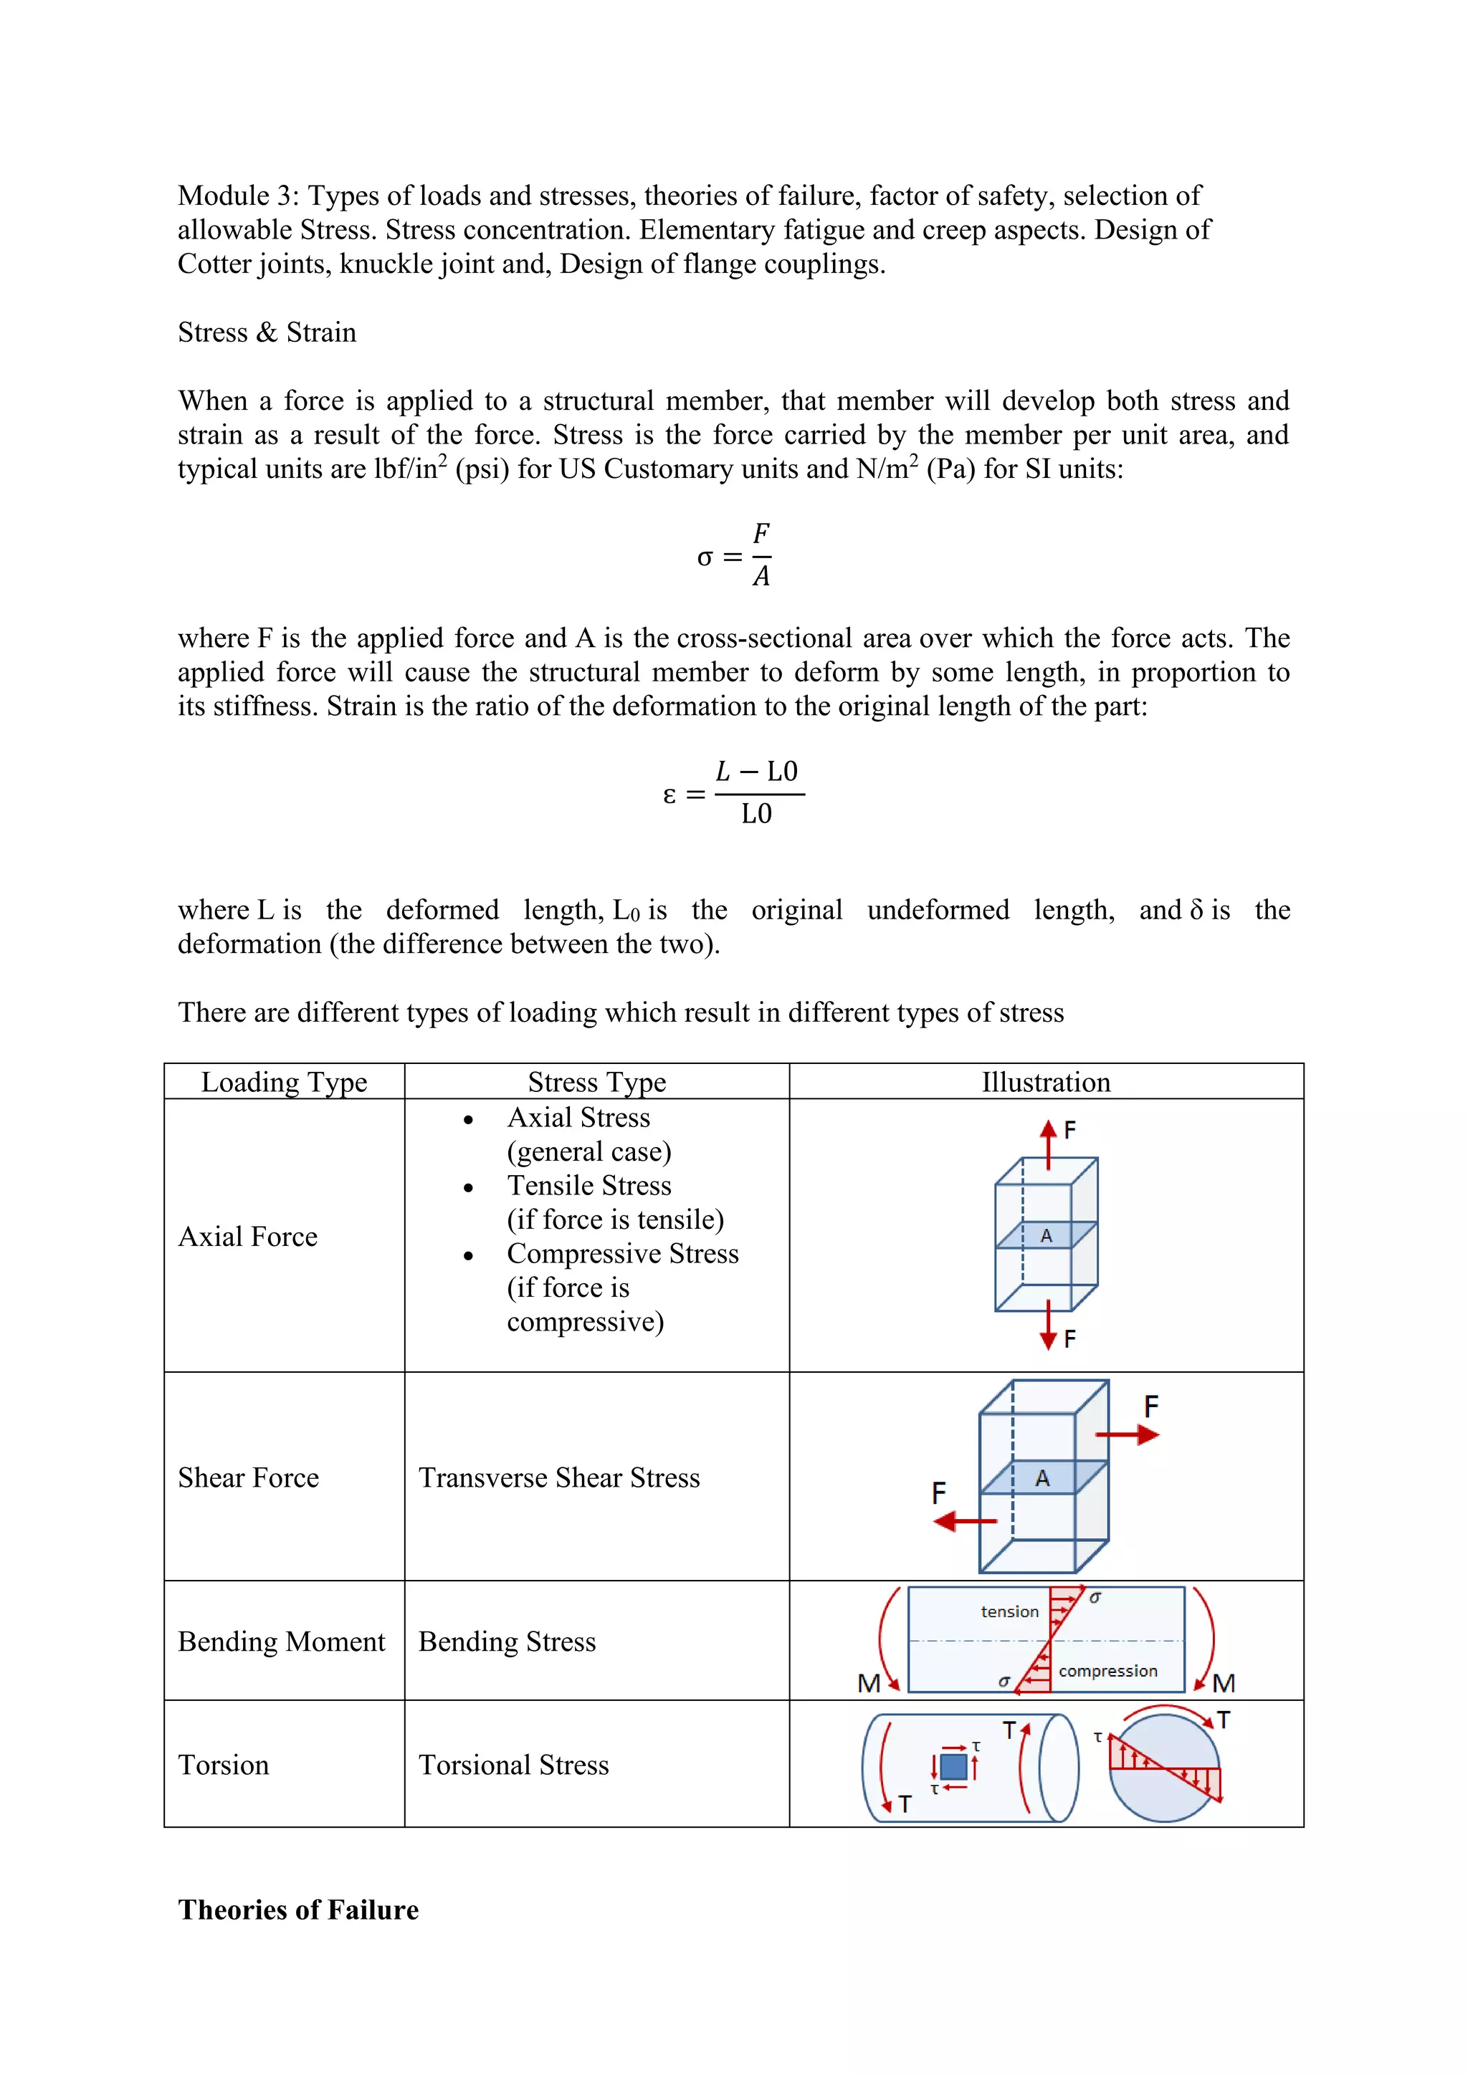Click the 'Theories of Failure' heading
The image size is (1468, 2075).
tap(298, 1909)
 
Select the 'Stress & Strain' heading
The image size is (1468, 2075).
tap(267, 332)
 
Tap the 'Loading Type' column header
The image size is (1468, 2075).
tap(284, 1082)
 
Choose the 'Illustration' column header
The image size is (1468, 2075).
tap(1046, 1082)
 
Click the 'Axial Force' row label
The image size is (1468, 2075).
tap(248, 1236)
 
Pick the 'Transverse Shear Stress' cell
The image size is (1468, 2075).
tap(558, 1477)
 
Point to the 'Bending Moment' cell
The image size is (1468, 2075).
tap(281, 1642)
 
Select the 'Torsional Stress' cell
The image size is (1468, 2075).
tap(513, 1765)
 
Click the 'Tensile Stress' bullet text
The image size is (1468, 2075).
tap(588, 1186)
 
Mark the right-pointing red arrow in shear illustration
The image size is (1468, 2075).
tap(1128, 1434)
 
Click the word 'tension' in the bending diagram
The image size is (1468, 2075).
tap(1010, 1611)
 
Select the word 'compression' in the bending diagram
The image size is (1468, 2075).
tap(1107, 1671)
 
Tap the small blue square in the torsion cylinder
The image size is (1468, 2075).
tap(953, 1766)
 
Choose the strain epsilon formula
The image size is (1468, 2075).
tap(734, 793)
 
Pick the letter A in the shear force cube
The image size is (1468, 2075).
tap(1042, 1479)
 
